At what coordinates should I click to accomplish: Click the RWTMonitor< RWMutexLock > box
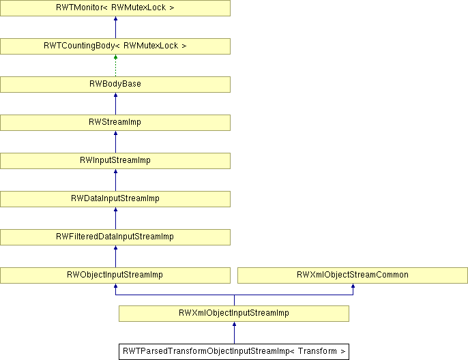click(115, 7)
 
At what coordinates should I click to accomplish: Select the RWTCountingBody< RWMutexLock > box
click(115, 46)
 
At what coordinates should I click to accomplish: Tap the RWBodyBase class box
click(115, 84)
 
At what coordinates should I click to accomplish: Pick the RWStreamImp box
click(115, 122)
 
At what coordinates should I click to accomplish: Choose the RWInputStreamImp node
click(115, 160)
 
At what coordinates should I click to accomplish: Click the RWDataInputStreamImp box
click(115, 198)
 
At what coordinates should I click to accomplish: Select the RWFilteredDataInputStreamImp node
click(115, 237)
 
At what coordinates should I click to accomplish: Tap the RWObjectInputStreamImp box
click(115, 275)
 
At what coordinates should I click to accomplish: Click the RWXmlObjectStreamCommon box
click(353, 275)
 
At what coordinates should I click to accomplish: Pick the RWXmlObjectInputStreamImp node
click(234, 313)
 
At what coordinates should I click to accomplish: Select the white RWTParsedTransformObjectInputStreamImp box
click(234, 352)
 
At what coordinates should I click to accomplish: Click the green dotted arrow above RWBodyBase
click(115, 65)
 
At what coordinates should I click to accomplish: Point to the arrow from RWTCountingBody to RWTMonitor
click(115, 27)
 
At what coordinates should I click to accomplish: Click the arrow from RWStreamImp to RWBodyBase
click(115, 104)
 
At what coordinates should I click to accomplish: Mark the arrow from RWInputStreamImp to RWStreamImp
click(115, 142)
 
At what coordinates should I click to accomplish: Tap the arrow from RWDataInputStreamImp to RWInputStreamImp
click(115, 180)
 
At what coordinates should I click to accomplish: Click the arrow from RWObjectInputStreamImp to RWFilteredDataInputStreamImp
click(115, 256)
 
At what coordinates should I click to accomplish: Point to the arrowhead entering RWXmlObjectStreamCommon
click(353, 286)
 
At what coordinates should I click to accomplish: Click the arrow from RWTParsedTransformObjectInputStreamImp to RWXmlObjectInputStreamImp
click(234, 333)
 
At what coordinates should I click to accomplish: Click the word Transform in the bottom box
click(317, 351)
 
